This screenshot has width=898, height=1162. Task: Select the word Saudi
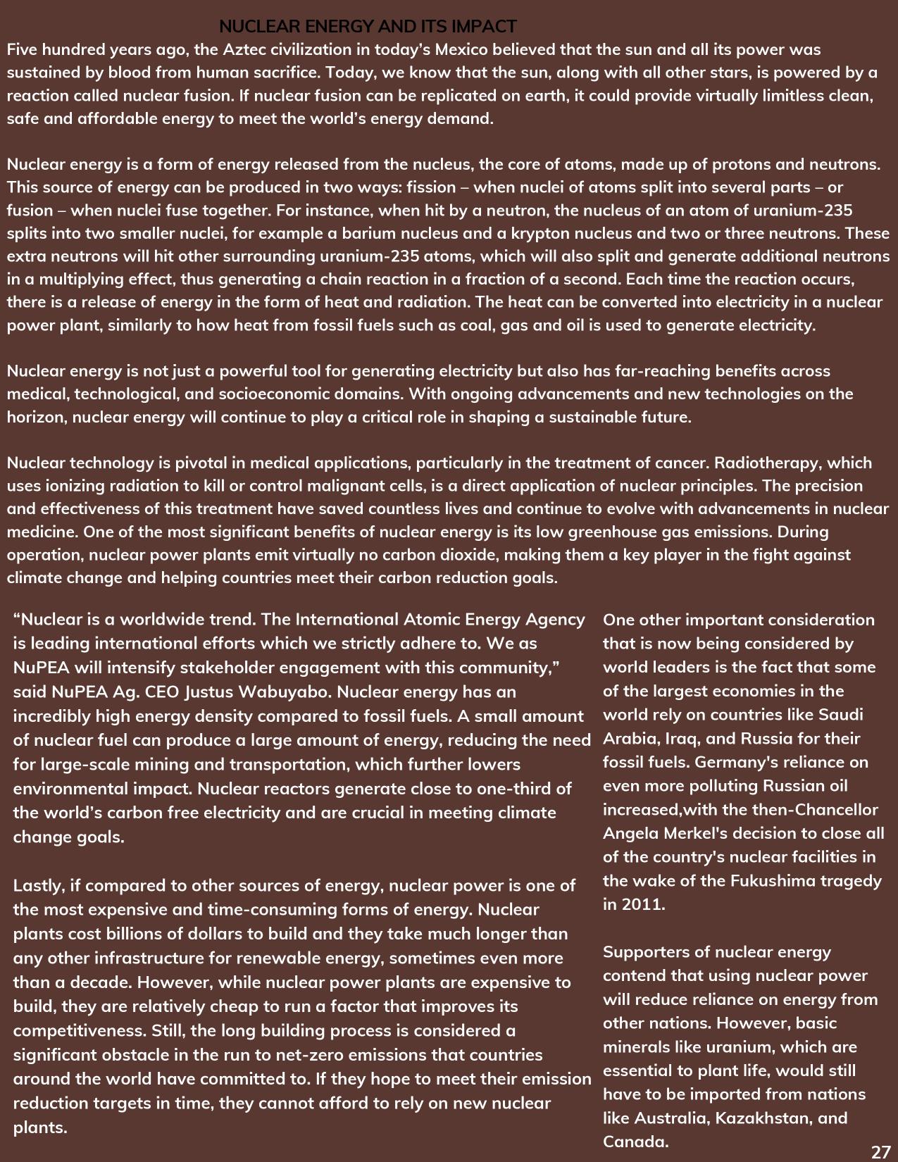coord(840,715)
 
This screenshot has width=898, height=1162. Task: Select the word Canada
coord(634,1142)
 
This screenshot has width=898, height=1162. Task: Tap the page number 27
coord(880,1152)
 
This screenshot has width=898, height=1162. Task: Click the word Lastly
coord(37,886)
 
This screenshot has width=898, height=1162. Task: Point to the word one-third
coord(513,789)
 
